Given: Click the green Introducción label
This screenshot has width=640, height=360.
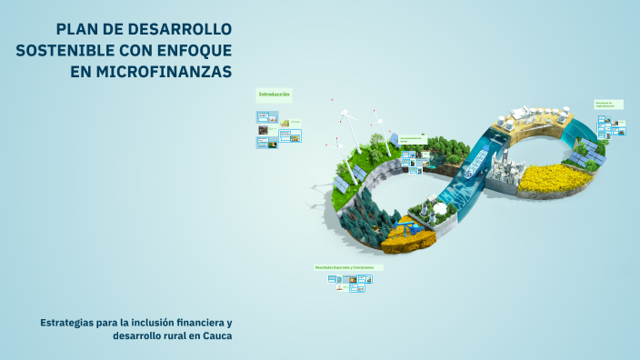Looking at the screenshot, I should point(274,95).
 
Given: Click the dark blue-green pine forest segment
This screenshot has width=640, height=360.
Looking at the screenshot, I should point(369,215).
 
